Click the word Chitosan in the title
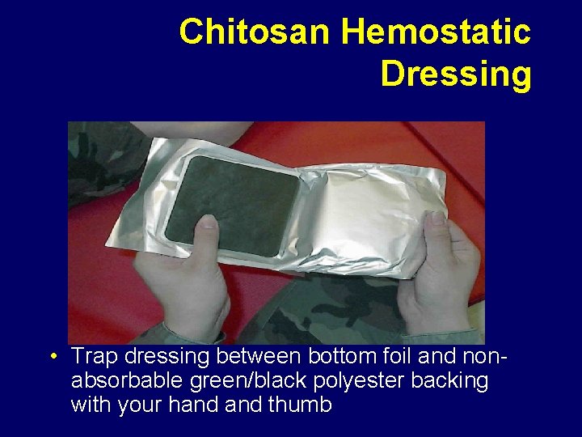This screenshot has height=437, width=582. [256, 32]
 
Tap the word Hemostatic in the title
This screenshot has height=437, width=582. [436, 32]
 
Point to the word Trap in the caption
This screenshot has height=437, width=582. [95, 356]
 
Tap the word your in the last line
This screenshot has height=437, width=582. [140, 405]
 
